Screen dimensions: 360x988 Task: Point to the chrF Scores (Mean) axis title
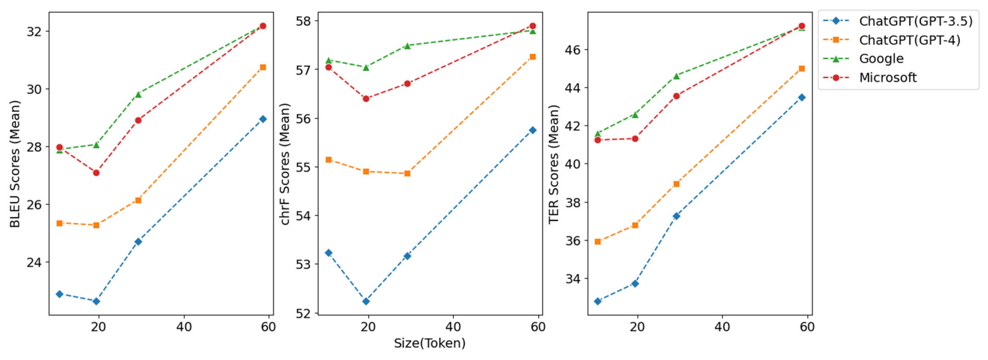pyautogui.click(x=285, y=164)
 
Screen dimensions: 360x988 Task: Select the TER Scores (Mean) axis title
pyautogui.click(x=553, y=164)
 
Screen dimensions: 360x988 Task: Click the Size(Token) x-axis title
pyautogui.click(x=430, y=343)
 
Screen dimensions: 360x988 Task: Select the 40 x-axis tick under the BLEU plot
pyautogui.click(x=184, y=327)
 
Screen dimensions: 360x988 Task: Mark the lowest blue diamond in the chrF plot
pyautogui.click(x=366, y=301)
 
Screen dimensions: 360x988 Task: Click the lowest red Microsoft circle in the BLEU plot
pyautogui.click(x=96, y=173)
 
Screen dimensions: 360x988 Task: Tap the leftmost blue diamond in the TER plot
pyautogui.click(x=597, y=301)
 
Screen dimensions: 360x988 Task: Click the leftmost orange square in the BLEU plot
pyautogui.click(x=59, y=223)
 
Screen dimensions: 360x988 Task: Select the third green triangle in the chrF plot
pyautogui.click(x=407, y=46)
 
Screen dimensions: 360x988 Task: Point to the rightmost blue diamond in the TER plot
pyautogui.click(x=802, y=97)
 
